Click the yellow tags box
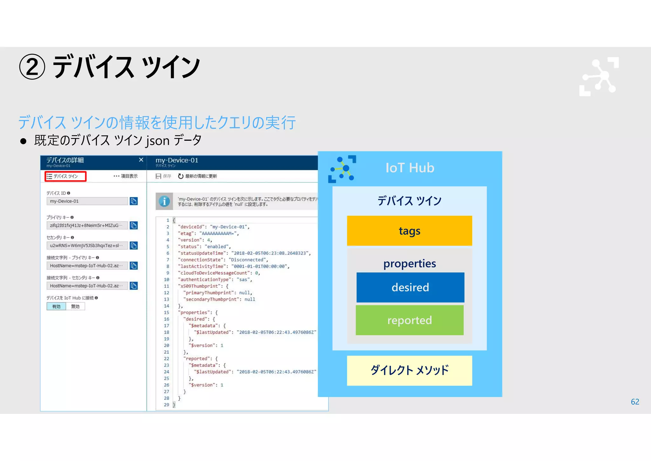pos(409,231)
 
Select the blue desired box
pos(410,287)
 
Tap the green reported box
pos(409,320)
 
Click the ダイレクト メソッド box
pos(409,371)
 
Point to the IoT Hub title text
pos(410,168)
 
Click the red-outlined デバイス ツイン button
pos(65,176)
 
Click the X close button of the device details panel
pos(141,160)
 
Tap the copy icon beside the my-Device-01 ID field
pos(134,201)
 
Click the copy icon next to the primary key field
pos(134,225)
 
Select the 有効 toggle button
pos(56,307)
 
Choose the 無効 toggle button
pos(75,307)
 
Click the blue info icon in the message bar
pos(164,202)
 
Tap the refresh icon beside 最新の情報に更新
pos(181,176)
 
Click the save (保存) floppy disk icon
pos(158,176)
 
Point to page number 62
pos(635,402)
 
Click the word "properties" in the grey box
pos(409,264)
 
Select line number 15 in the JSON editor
pos(167,313)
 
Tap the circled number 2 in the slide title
pos(32,67)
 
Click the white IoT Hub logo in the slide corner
pos(599,77)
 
